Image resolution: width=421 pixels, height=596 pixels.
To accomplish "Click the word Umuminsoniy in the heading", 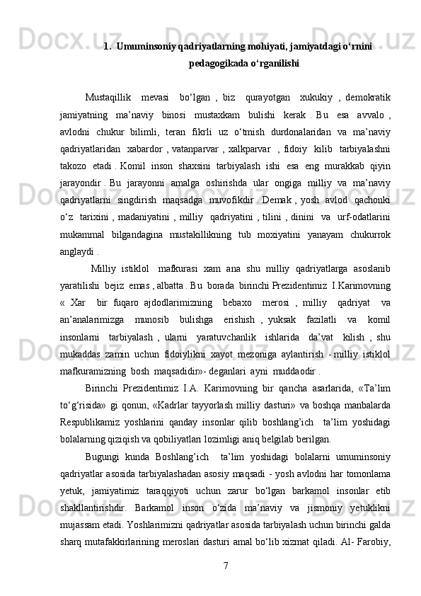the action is [x=146, y=47].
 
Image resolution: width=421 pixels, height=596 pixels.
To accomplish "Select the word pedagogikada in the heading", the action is [x=218, y=63].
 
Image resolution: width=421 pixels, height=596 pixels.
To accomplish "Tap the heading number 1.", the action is [x=106, y=47].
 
